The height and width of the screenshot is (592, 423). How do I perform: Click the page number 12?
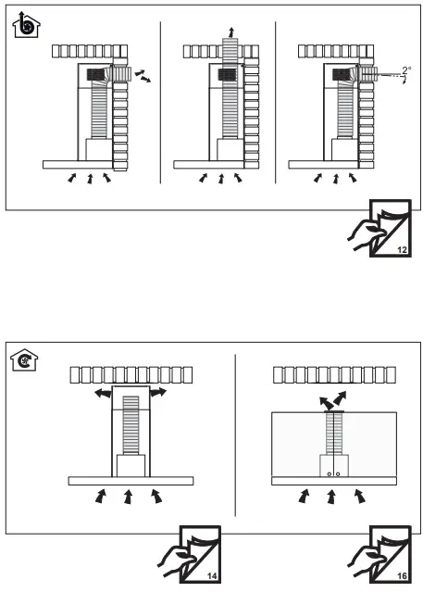[401, 251]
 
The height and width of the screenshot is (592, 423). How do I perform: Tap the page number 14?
[212, 576]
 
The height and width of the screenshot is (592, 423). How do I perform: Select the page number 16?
[401, 576]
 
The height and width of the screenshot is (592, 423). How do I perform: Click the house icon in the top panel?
[26, 28]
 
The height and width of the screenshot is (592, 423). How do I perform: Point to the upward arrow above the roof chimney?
[230, 32]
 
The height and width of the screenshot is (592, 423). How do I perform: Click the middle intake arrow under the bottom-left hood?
[129, 498]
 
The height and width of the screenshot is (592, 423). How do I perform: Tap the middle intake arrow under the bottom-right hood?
[331, 498]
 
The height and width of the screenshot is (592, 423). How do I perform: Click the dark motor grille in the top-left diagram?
[94, 73]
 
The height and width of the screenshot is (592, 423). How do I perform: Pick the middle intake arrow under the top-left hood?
[90, 177]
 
